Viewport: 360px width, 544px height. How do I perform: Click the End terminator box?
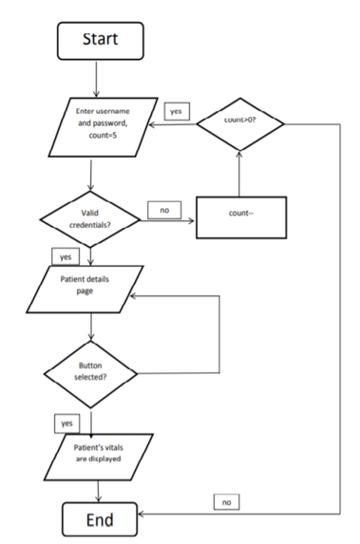(100, 518)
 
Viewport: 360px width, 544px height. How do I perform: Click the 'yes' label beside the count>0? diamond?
(176, 111)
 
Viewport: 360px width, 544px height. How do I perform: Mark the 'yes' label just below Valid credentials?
(64, 256)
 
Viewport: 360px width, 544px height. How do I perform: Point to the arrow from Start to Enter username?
(101, 78)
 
